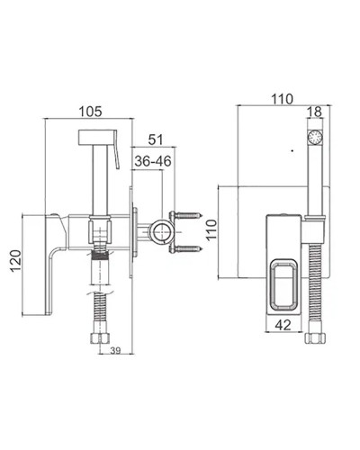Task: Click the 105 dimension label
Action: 90,112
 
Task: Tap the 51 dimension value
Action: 156,139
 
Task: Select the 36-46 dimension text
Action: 153,161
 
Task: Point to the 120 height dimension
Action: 16,261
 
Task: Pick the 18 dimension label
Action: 314,112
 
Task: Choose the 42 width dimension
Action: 283,325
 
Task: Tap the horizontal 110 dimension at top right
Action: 282,99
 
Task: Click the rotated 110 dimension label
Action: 211,229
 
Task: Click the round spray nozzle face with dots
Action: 315,137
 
